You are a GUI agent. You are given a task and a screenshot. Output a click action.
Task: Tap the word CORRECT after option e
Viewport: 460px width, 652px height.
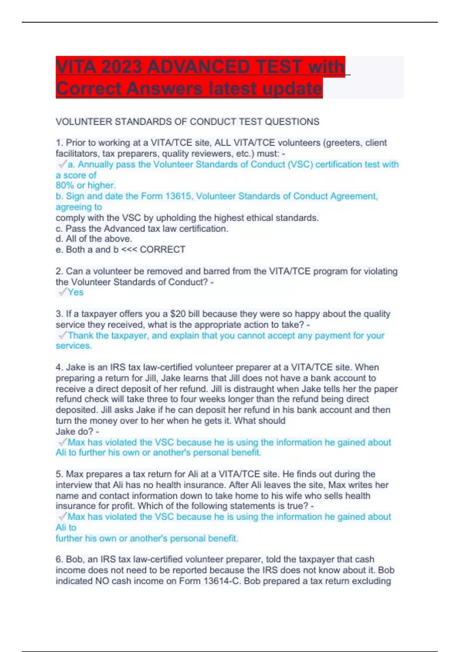click(x=163, y=250)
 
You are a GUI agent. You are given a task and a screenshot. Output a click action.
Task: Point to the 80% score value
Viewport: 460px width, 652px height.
click(x=64, y=186)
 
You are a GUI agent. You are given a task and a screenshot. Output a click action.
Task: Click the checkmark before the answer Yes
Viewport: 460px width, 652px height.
click(x=62, y=292)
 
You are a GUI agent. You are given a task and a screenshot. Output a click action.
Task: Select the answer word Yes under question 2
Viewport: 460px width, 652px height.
click(x=76, y=292)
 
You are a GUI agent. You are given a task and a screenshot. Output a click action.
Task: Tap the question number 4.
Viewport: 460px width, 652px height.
click(x=59, y=367)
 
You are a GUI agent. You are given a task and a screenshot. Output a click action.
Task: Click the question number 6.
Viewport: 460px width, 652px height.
click(x=59, y=560)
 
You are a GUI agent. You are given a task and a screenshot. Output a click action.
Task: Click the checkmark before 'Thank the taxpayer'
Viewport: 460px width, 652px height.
click(x=62, y=336)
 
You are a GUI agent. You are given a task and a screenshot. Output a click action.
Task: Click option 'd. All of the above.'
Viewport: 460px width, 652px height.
click(x=94, y=239)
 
